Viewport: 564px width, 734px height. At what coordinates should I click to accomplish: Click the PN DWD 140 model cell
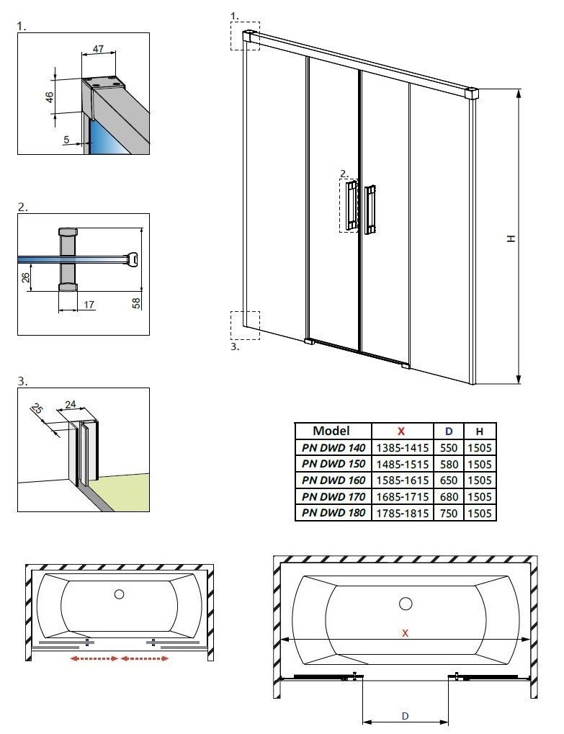pyautogui.click(x=334, y=447)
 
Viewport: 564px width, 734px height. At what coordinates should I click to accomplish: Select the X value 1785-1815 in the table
pyautogui.click(x=401, y=514)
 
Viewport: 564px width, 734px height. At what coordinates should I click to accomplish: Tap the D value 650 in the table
pyautogui.click(x=448, y=480)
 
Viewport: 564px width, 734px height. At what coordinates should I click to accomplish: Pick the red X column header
pyautogui.click(x=401, y=431)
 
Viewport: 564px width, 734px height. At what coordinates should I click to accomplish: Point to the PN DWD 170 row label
pyautogui.click(x=334, y=497)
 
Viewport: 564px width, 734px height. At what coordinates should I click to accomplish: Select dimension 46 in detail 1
pyautogui.click(x=50, y=96)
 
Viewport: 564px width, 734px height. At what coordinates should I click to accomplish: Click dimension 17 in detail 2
pyautogui.click(x=89, y=305)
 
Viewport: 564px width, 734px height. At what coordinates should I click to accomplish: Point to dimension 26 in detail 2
pyautogui.click(x=26, y=277)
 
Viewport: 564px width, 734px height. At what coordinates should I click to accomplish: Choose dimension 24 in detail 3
pyautogui.click(x=70, y=405)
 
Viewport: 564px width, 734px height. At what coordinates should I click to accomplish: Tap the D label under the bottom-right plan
pyautogui.click(x=406, y=716)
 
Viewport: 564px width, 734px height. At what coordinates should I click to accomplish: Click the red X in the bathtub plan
pyautogui.click(x=406, y=633)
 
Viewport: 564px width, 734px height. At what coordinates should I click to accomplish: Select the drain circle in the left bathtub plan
pyautogui.click(x=120, y=595)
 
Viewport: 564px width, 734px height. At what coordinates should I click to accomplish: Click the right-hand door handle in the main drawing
pyautogui.click(x=370, y=210)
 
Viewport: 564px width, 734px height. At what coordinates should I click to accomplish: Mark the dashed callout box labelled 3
pyautogui.click(x=244, y=324)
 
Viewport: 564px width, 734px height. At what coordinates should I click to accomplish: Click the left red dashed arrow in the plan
pyautogui.click(x=93, y=658)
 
